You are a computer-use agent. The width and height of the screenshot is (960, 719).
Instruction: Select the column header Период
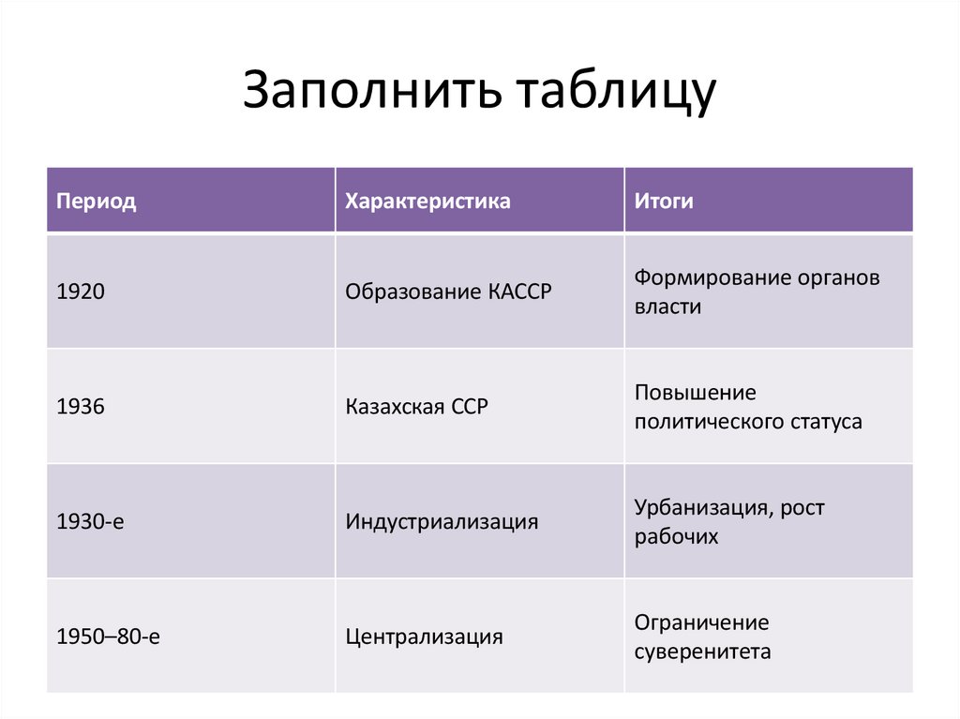(97, 202)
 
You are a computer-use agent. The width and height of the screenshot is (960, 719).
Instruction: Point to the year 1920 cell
(81, 292)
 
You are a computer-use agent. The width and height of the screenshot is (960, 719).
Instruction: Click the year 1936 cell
(81, 407)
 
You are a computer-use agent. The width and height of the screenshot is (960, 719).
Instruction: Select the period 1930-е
(90, 522)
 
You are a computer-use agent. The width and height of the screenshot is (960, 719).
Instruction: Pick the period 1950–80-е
(109, 637)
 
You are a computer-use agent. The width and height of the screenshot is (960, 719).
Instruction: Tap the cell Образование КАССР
(449, 292)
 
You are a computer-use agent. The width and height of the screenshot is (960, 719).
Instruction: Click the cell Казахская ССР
(417, 407)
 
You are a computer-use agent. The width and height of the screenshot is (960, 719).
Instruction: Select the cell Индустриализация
(442, 522)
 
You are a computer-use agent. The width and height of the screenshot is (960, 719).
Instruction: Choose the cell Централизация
(424, 637)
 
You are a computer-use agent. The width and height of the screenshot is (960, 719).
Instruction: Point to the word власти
(667, 307)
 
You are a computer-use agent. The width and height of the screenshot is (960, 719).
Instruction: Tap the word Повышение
(695, 392)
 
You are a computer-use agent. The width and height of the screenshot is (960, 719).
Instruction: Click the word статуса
(824, 422)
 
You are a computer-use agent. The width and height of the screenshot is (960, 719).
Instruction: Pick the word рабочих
(676, 537)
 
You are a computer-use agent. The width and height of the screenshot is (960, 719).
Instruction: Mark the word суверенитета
(702, 652)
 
